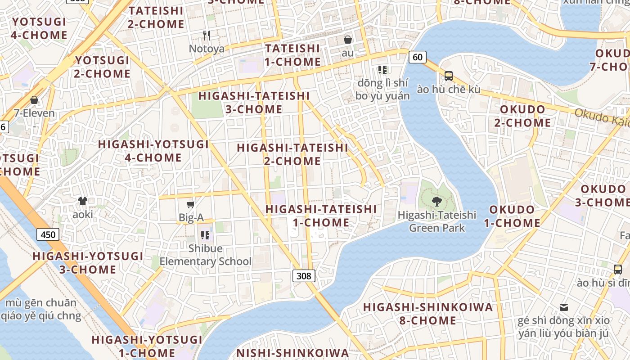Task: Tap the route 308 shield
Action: (x=304, y=275)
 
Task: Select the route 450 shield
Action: (x=48, y=234)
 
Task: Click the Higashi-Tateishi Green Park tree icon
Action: (x=436, y=201)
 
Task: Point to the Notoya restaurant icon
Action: (x=207, y=36)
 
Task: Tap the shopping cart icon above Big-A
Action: (x=191, y=205)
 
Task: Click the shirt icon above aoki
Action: (x=83, y=201)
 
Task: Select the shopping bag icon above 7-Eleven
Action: (x=34, y=100)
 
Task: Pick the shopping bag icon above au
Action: (x=347, y=40)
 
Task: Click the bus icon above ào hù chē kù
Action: (x=448, y=76)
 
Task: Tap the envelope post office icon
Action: (x=563, y=307)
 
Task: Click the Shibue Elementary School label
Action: (x=206, y=255)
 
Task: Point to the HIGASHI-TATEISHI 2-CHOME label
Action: (x=292, y=154)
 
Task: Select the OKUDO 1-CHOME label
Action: (x=512, y=216)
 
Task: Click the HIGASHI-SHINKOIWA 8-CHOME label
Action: (x=428, y=314)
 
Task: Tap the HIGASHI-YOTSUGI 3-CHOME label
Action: (x=88, y=263)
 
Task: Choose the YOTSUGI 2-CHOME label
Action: (x=103, y=67)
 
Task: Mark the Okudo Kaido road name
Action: (x=603, y=117)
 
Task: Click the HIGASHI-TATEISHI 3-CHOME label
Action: (x=254, y=102)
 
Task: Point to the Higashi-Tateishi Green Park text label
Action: (x=436, y=221)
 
